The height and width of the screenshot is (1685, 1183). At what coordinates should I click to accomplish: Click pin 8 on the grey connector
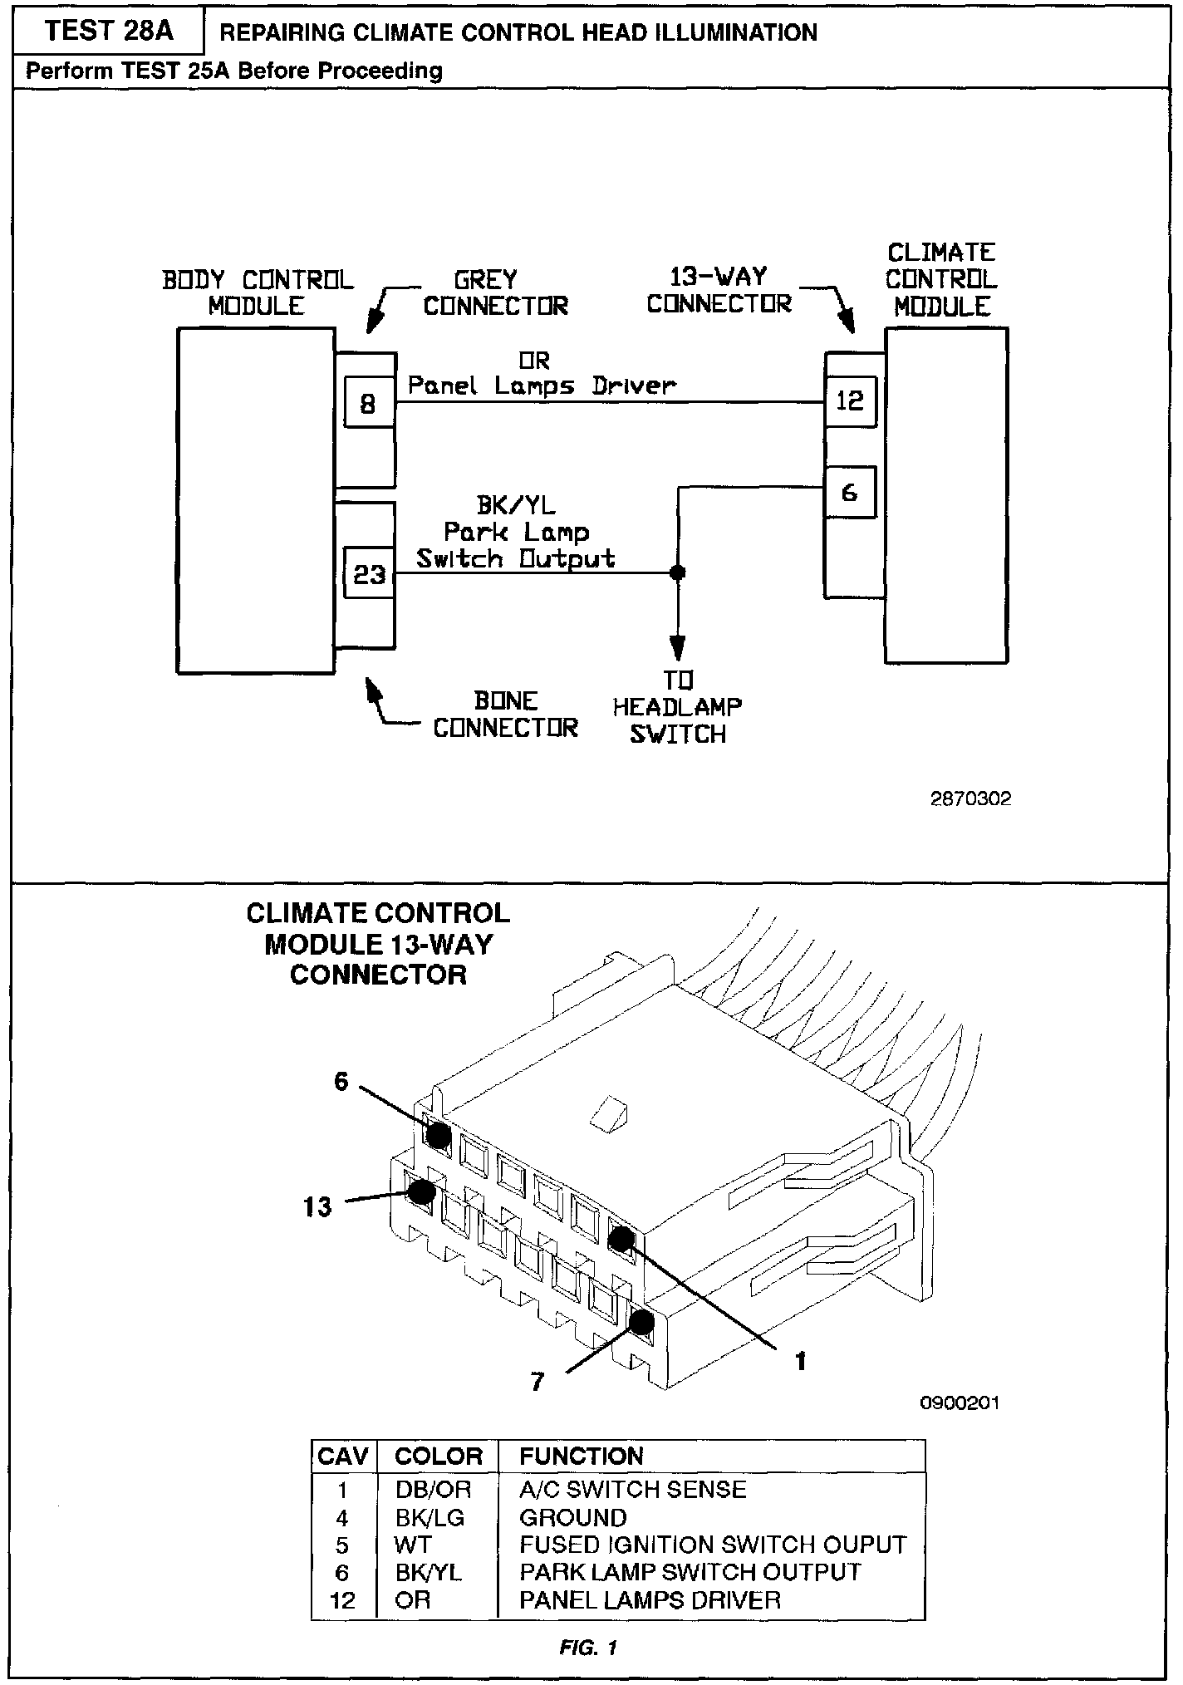pyautogui.click(x=368, y=404)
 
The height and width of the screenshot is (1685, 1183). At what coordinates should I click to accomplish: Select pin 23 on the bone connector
pyautogui.click(x=369, y=573)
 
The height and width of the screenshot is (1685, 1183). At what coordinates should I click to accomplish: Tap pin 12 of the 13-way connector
pyautogui.click(x=850, y=402)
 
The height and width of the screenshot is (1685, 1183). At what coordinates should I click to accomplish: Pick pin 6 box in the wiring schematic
pyautogui.click(x=850, y=493)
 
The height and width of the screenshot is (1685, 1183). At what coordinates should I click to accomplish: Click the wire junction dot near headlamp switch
pyautogui.click(x=678, y=572)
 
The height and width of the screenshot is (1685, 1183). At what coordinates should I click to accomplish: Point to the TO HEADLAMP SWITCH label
pyautogui.click(x=677, y=707)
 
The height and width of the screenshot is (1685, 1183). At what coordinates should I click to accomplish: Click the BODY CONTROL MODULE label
pyautogui.click(x=258, y=292)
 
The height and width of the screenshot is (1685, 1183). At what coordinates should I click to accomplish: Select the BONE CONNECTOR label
pyautogui.click(x=505, y=715)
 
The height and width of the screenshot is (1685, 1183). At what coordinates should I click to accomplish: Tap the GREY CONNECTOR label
pyautogui.click(x=495, y=292)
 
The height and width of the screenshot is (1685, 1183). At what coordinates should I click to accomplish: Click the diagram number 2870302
pyautogui.click(x=970, y=799)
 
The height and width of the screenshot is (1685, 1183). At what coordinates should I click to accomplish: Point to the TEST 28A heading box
pyautogui.click(x=108, y=32)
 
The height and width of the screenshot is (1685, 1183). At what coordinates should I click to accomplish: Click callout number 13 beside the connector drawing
pyautogui.click(x=317, y=1206)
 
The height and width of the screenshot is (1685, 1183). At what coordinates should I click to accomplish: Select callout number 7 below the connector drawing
pyautogui.click(x=538, y=1382)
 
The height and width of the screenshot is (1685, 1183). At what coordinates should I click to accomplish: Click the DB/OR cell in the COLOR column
pyautogui.click(x=433, y=1489)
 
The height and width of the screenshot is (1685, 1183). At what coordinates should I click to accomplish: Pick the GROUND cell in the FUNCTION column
pyautogui.click(x=572, y=1518)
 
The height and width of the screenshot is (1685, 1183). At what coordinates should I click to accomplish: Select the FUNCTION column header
pyautogui.click(x=581, y=1456)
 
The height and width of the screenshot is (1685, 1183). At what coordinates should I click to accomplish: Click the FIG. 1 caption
pyautogui.click(x=588, y=1648)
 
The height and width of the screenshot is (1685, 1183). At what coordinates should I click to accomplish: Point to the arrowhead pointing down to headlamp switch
pyautogui.click(x=678, y=646)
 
